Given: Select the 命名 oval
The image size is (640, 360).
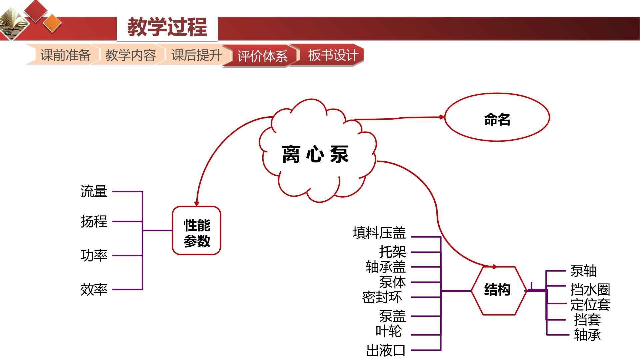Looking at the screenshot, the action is [x=497, y=117].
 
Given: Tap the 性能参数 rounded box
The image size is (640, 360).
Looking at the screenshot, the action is [x=196, y=231].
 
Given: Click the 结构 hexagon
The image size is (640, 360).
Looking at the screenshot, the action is [x=498, y=291].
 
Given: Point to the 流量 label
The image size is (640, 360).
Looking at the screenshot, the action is [x=94, y=192].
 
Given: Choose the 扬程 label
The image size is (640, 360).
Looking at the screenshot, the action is [x=94, y=221].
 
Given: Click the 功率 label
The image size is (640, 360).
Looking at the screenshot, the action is [x=94, y=256].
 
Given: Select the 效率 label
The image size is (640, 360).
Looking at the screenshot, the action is [x=94, y=289].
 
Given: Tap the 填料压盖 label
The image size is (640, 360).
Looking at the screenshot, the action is [x=379, y=233].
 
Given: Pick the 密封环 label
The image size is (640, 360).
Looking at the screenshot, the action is [x=382, y=297].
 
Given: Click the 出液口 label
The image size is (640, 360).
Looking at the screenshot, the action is [x=386, y=350].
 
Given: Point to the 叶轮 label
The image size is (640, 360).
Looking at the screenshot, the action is [x=389, y=331].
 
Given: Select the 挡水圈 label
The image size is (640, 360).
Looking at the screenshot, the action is [x=590, y=289].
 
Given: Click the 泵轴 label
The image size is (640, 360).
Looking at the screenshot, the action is [x=583, y=271].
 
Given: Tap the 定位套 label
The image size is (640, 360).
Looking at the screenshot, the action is [x=590, y=305].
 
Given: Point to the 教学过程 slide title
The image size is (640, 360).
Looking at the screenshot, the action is [x=167, y=27].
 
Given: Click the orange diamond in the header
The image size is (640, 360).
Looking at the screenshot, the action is [x=53, y=24].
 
